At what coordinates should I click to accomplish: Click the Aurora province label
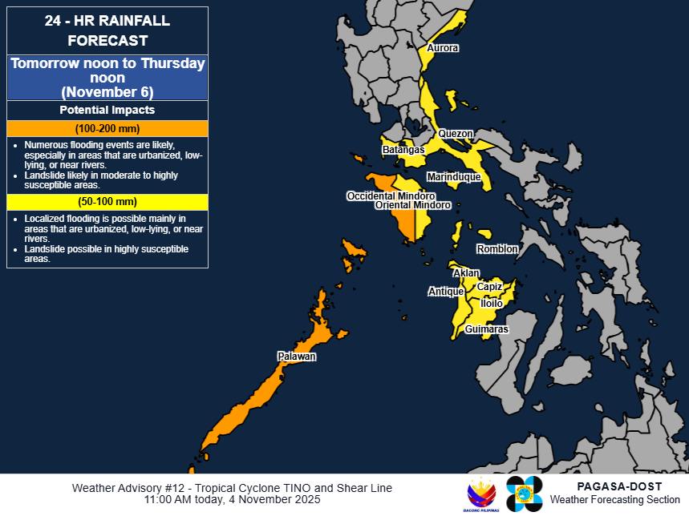(x=443, y=48)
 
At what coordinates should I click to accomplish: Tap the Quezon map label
(x=456, y=134)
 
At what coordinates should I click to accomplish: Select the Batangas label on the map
(x=403, y=150)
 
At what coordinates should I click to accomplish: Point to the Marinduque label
(x=453, y=176)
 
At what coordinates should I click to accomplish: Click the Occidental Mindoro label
(x=391, y=196)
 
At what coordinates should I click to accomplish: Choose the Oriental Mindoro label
(x=413, y=205)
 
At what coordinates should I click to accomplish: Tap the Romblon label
(x=497, y=249)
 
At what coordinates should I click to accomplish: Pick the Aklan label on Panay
(x=466, y=273)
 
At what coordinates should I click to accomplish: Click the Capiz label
(x=489, y=286)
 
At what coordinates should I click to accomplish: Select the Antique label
(x=445, y=292)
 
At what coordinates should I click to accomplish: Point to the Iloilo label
(x=491, y=304)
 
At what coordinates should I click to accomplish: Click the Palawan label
(x=297, y=356)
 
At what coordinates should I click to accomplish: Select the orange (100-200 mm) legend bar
(x=107, y=129)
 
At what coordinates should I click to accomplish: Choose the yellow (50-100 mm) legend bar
(x=107, y=202)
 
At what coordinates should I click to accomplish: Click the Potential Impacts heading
(x=107, y=110)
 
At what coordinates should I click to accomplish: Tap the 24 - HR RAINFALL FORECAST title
(x=107, y=31)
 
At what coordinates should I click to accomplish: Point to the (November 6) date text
(x=107, y=91)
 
